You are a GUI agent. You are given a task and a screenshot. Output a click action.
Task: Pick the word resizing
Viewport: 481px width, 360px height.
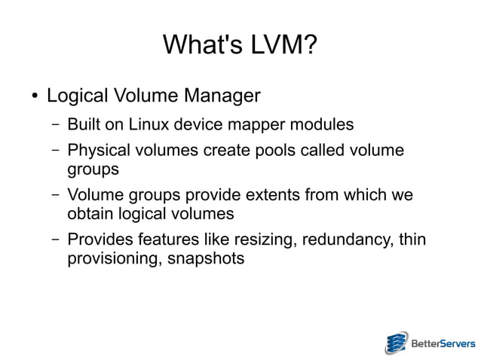click(253, 241)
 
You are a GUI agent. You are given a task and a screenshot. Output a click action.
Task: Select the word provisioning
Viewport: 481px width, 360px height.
click(109, 259)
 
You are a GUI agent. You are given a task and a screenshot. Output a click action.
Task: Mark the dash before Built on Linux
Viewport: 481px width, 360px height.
click(56, 123)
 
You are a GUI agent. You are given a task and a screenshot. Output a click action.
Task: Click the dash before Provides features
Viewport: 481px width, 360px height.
click(56, 240)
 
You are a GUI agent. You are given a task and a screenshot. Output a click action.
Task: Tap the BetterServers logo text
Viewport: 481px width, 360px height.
click(442, 344)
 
